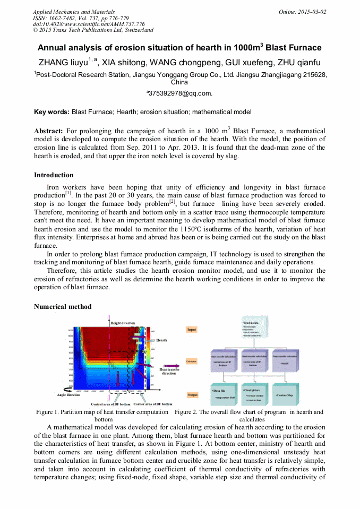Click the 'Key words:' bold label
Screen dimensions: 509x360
pos(52,112)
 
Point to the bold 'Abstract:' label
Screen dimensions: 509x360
pos(48,131)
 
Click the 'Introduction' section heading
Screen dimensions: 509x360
pos(54,175)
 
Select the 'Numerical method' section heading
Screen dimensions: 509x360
pos(63,307)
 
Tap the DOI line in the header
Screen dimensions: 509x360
pos(89,24)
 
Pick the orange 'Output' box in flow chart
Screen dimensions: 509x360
pos(192,395)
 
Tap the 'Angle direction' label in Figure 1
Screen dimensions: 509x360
pos(68,395)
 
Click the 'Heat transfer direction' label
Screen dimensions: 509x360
pos(169,371)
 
